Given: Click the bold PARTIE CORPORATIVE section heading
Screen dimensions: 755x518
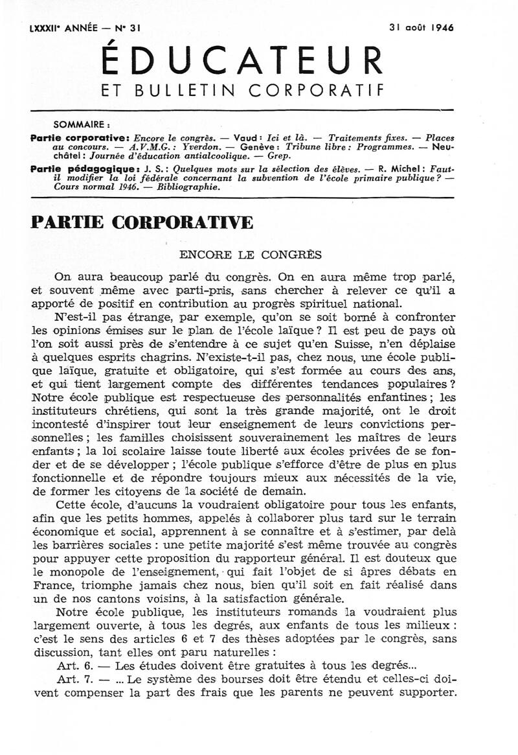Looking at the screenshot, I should point(142,222).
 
